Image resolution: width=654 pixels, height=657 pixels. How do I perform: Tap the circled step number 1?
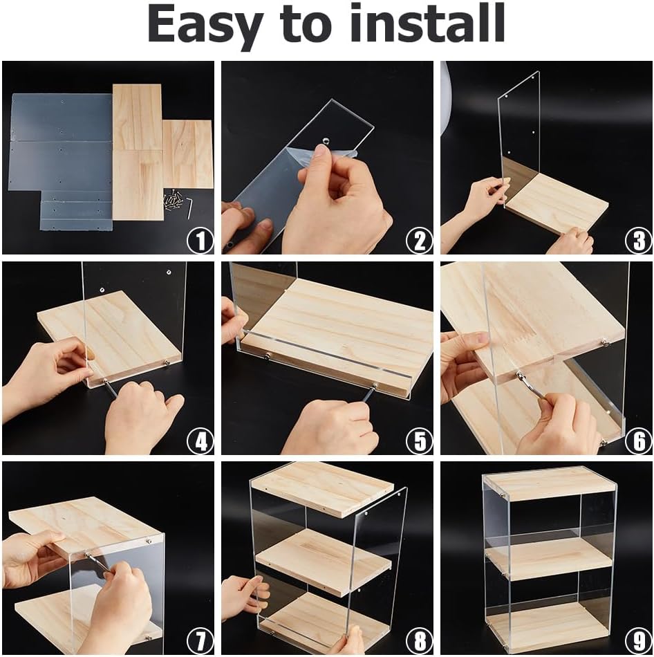tap(200, 241)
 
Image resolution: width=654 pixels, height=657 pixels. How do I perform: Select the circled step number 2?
tap(420, 241)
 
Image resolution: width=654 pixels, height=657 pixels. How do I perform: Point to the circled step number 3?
tap(639, 241)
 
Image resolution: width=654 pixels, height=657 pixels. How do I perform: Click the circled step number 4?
tap(200, 441)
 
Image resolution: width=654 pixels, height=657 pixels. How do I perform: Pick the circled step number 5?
tap(420, 441)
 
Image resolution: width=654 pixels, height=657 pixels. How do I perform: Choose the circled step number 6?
tap(639, 441)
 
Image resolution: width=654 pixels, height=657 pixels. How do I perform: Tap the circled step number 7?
tap(200, 641)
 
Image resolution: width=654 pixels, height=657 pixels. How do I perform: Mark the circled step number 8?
tap(420, 641)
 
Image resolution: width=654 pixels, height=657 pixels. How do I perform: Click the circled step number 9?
tap(639, 641)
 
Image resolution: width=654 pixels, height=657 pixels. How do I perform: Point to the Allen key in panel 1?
tap(189, 208)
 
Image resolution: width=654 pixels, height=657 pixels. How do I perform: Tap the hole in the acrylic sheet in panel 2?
tap(325, 140)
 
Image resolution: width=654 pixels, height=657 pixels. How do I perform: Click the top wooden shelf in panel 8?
tap(324, 488)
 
